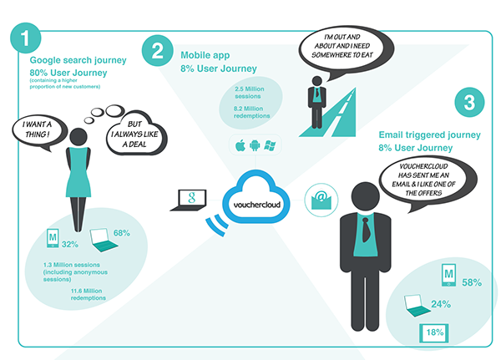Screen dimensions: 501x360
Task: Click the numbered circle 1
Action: point(26,38)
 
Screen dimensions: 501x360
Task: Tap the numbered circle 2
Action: point(158,50)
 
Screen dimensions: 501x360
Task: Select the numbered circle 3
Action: point(469,102)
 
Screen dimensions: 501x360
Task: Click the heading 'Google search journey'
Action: point(78,60)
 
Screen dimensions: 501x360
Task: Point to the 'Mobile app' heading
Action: point(205,55)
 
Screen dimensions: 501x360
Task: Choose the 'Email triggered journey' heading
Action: point(430,135)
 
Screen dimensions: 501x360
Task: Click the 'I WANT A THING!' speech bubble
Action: point(38,131)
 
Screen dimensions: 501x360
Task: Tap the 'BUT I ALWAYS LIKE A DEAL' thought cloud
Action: point(136,134)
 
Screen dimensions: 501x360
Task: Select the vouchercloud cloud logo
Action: point(256,197)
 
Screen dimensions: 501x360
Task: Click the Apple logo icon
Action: point(240,145)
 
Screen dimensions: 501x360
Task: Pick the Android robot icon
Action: point(255,145)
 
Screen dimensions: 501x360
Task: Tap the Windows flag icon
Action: point(270,145)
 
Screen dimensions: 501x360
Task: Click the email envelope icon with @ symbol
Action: point(321,200)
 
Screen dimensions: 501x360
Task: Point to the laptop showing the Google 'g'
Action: point(189,200)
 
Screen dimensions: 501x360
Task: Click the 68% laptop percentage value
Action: point(122,233)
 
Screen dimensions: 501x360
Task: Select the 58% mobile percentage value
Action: point(472,282)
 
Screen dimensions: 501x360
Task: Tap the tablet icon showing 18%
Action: point(434,333)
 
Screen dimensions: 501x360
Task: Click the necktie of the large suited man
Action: point(366,230)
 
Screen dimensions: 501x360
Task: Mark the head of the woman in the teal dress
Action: point(78,137)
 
